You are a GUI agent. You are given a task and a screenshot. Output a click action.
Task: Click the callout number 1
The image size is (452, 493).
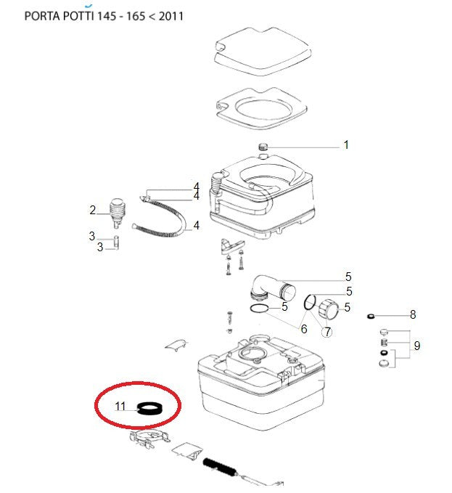click(x=346, y=144)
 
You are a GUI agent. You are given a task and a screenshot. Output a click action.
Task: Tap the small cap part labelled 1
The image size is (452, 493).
click(x=263, y=147)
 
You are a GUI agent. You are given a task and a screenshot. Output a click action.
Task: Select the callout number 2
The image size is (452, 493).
click(x=92, y=210)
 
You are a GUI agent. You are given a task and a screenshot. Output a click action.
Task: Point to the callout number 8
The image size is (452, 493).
click(x=413, y=314)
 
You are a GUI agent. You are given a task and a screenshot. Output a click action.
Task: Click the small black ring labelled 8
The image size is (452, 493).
click(x=371, y=316)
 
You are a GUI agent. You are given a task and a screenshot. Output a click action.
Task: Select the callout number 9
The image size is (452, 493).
click(x=417, y=346)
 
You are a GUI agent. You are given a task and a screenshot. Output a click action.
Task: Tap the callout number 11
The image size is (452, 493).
click(x=120, y=406)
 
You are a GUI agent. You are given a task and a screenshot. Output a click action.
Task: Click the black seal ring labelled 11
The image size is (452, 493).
click(x=149, y=409)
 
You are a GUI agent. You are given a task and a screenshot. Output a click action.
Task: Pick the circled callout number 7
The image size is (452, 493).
click(x=327, y=332)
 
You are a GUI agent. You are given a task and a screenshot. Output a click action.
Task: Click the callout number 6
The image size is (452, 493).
click(x=304, y=329)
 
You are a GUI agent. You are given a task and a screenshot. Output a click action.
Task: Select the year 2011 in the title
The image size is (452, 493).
click(x=171, y=16)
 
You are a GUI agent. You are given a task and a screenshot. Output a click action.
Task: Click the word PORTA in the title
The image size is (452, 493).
click(x=42, y=16)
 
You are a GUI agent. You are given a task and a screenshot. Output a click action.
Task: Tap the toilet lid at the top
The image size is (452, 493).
click(x=263, y=52)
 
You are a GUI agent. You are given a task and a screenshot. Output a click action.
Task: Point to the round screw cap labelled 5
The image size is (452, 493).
click(x=328, y=309)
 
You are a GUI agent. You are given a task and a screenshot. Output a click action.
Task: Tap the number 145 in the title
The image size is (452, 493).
click(x=106, y=16)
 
